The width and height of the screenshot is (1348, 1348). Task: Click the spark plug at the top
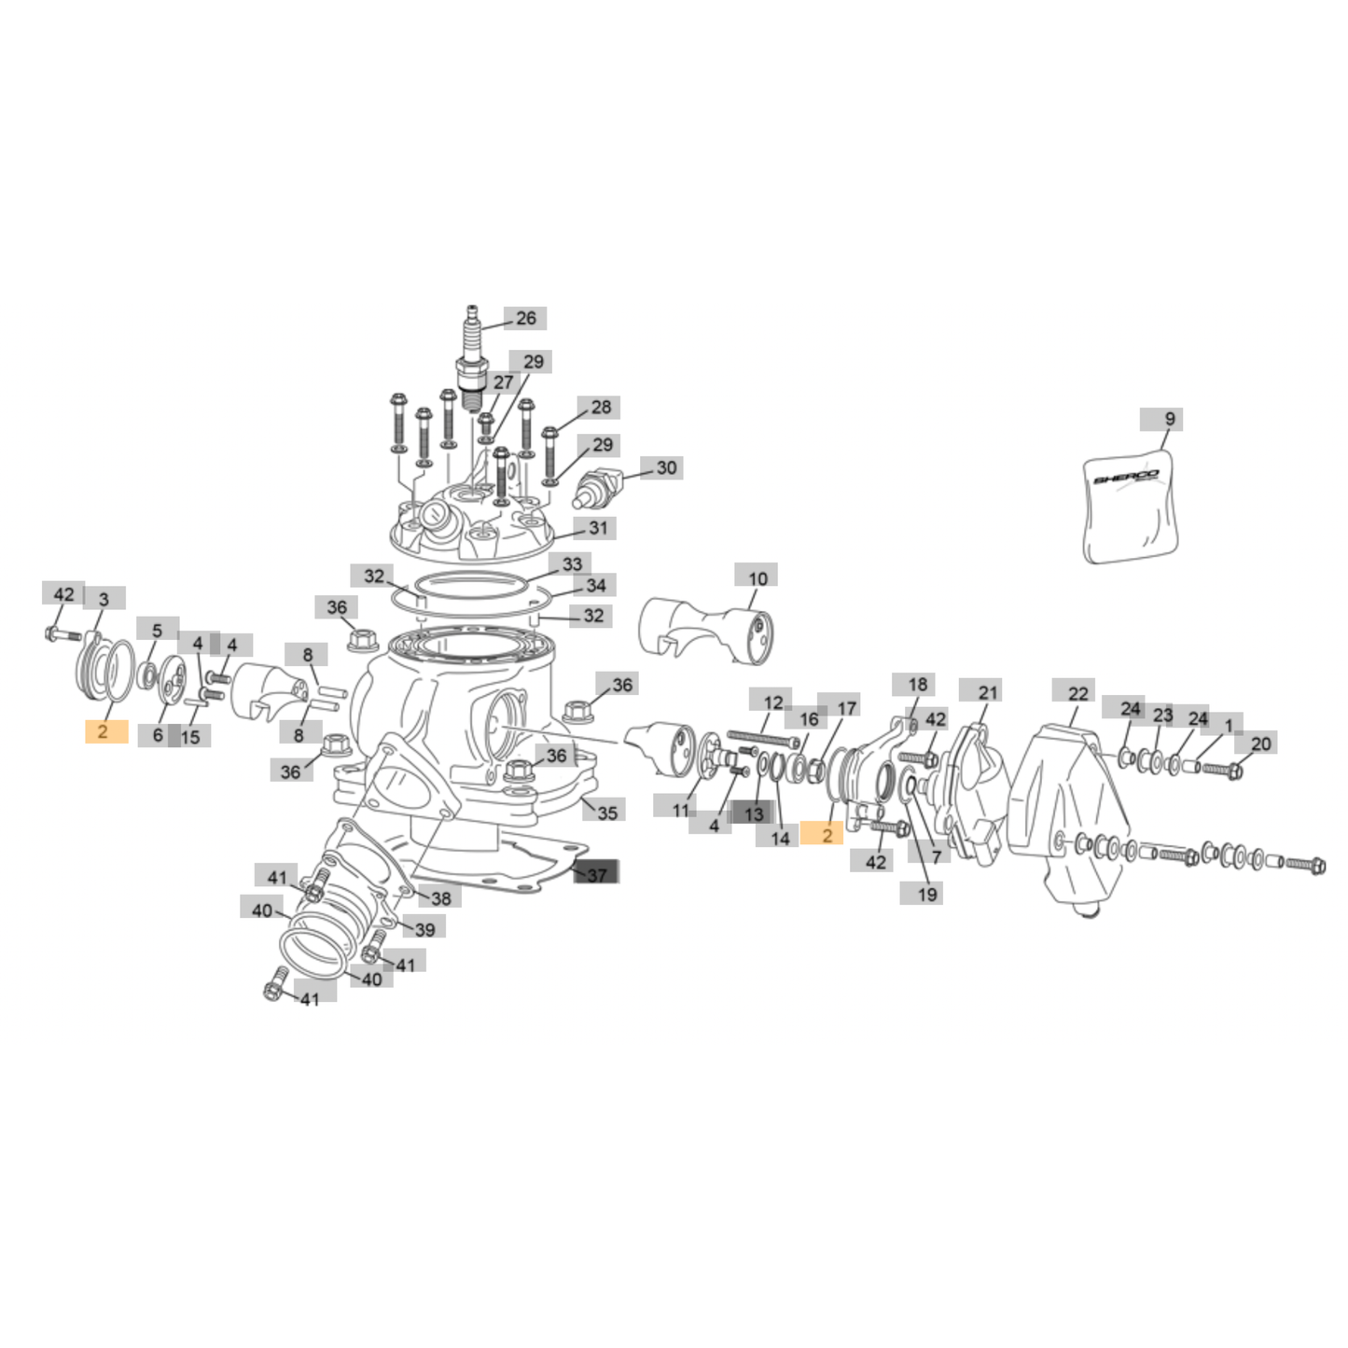click(x=471, y=361)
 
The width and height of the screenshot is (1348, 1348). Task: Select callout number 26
click(x=525, y=318)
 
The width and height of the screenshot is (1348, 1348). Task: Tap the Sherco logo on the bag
click(x=1126, y=479)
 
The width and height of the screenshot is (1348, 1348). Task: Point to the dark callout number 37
click(x=596, y=875)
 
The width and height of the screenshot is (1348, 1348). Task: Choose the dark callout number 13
click(x=754, y=814)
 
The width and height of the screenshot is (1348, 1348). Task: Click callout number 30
click(x=667, y=467)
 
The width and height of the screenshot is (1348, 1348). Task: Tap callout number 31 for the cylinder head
click(x=597, y=527)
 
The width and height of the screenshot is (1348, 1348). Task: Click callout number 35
click(x=607, y=813)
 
